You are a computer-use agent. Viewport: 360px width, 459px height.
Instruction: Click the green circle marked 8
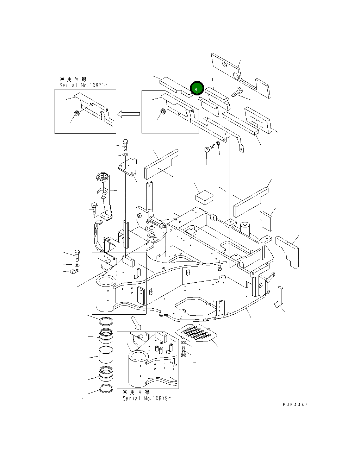tap(197, 89)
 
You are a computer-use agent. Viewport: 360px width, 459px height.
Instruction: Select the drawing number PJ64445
tap(295, 405)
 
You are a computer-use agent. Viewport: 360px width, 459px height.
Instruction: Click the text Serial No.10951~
tap(85, 85)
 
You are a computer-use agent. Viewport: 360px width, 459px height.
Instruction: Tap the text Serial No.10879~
tap(148, 398)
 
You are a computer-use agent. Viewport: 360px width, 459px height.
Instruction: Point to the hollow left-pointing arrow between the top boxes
tap(129, 114)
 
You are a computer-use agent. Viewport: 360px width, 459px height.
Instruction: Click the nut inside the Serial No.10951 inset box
tap(76, 113)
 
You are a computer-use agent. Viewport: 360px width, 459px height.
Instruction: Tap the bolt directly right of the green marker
tap(236, 92)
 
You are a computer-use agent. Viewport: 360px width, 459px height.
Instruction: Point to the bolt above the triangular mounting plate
tap(125, 143)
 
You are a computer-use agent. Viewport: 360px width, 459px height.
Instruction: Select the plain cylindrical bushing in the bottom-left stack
tap(106, 355)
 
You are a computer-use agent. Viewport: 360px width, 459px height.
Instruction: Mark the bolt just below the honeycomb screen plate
tap(183, 351)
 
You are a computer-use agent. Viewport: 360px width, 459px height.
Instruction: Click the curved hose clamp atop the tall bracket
tap(103, 177)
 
